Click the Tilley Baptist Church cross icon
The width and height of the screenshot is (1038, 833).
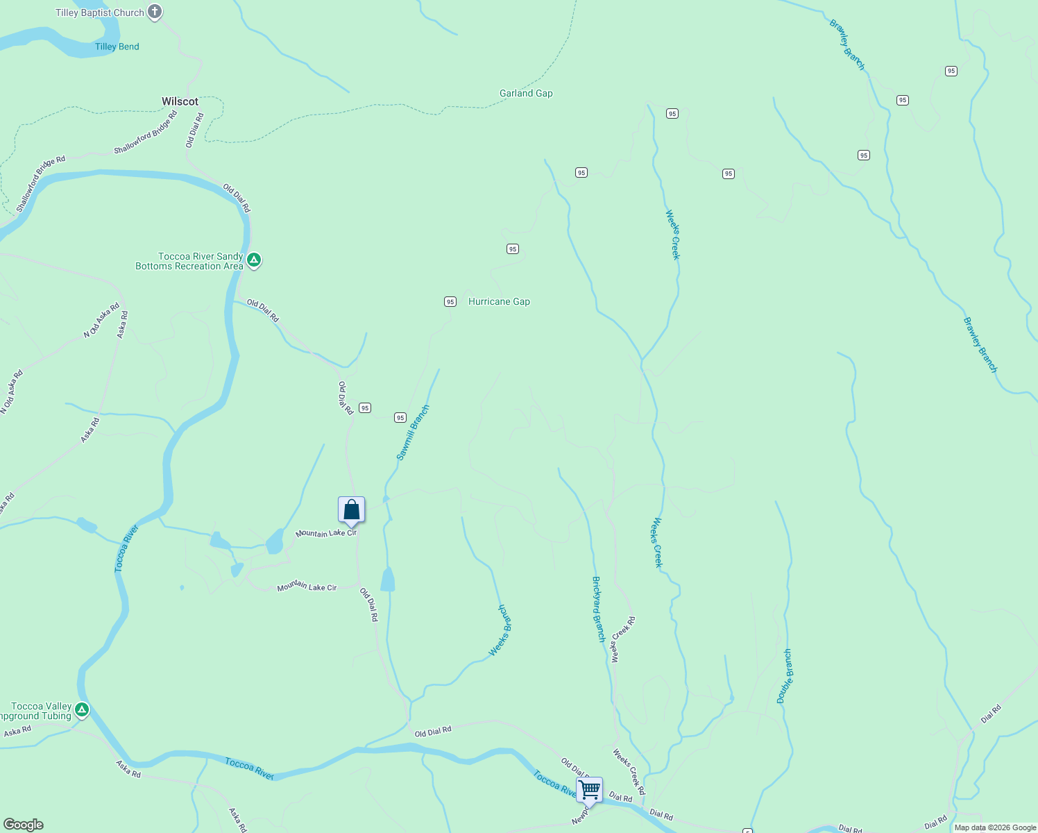point(155,12)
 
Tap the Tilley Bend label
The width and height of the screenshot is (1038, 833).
point(117,47)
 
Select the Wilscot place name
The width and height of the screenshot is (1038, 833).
point(180,101)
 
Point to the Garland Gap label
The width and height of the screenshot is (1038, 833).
point(526,93)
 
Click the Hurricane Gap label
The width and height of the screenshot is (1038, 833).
point(499,301)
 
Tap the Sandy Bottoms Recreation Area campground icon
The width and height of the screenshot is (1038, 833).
point(254,260)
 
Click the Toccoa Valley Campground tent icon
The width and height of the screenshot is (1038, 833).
point(82,709)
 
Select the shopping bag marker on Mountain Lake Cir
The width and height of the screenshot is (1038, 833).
point(351,510)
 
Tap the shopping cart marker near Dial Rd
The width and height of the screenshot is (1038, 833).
point(589,789)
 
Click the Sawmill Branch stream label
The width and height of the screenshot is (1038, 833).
point(413,432)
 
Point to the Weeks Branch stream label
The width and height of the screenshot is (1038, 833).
point(500,630)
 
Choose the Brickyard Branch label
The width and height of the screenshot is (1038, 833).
point(598,609)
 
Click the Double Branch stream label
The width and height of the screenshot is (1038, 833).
point(784,676)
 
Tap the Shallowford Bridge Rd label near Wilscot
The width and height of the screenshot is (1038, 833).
point(145,133)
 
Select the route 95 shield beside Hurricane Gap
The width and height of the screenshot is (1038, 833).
point(450,301)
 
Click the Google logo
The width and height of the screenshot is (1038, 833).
point(24,825)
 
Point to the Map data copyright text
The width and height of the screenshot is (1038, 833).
point(995,827)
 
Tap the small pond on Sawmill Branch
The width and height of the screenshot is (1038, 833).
point(387,580)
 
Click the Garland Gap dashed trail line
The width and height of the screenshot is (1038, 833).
point(389,106)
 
